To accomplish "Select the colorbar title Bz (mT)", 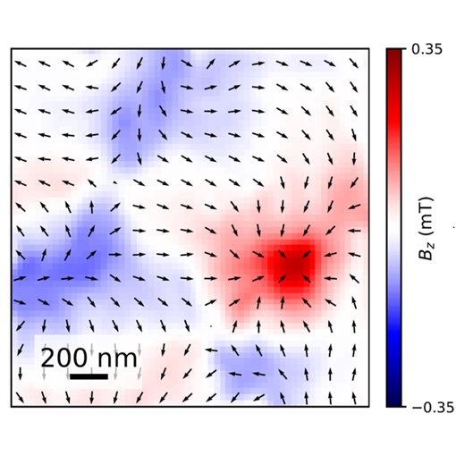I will coord(426,241).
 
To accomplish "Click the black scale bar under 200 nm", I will coord(89,376).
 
